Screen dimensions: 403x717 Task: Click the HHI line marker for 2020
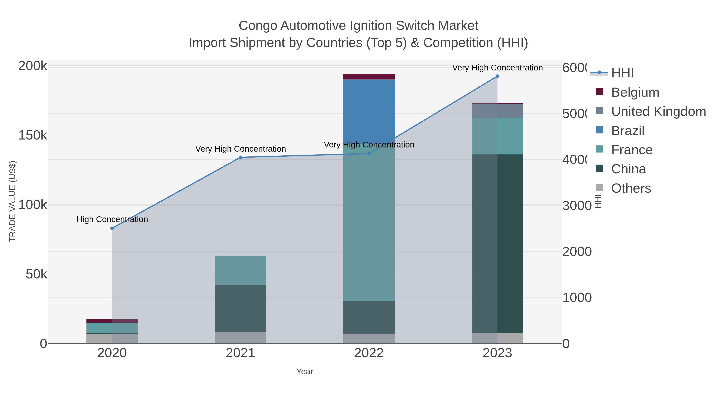click(112, 228)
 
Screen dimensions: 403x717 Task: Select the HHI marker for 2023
click(497, 76)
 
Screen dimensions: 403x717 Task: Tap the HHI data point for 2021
click(240, 157)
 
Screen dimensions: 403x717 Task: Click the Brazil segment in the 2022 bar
click(369, 111)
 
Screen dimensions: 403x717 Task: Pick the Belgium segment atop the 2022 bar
click(369, 77)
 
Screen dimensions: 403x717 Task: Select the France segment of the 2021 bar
click(240, 270)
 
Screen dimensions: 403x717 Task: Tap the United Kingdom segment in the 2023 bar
click(497, 111)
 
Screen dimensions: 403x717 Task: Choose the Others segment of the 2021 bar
click(240, 338)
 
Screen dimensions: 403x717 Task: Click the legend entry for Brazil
click(628, 131)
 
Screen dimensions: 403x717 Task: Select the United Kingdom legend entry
click(658, 111)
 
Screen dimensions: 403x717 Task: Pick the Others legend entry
click(631, 188)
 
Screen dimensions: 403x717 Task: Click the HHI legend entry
click(622, 73)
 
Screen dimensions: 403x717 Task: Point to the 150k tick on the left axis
click(33, 136)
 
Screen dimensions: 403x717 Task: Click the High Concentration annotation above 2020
click(112, 220)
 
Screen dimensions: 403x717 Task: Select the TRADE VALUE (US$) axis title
click(13, 201)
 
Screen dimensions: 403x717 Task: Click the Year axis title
click(305, 372)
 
